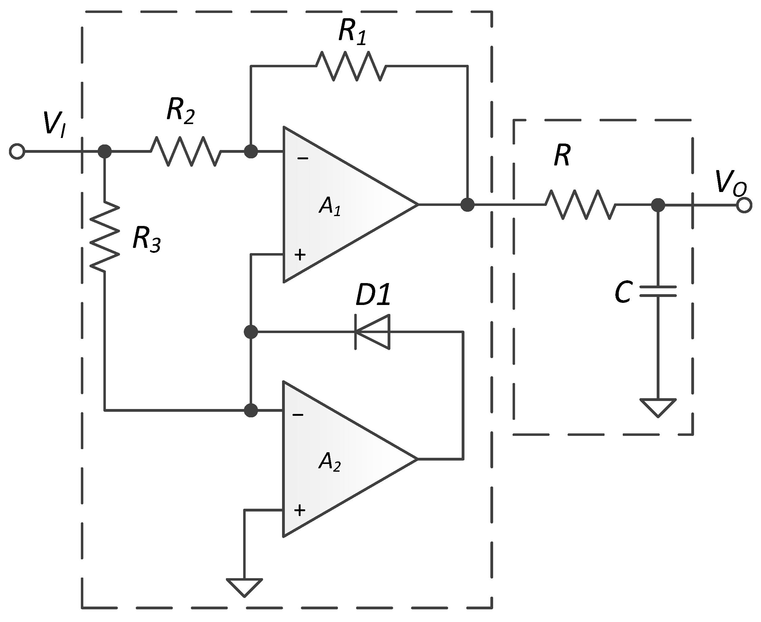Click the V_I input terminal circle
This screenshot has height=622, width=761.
17,151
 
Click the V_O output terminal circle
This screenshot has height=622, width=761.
744,205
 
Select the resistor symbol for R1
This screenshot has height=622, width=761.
351,66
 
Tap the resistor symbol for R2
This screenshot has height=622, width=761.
185,151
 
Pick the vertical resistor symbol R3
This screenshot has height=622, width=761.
105,237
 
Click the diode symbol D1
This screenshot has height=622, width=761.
372,332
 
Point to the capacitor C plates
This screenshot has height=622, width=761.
658,291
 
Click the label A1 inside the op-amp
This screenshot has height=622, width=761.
330,207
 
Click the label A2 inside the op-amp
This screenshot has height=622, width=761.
330,462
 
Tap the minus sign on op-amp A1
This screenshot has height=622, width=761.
303,158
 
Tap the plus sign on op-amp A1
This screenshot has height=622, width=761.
300,255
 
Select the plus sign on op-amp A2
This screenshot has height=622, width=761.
299,510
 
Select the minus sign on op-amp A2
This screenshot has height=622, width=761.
298,415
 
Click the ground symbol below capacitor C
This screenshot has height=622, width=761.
658,407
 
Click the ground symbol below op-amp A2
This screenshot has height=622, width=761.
244,587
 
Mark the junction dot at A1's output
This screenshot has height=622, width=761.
467,205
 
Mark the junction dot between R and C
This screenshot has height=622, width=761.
658,205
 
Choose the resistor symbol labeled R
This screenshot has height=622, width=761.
580,205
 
